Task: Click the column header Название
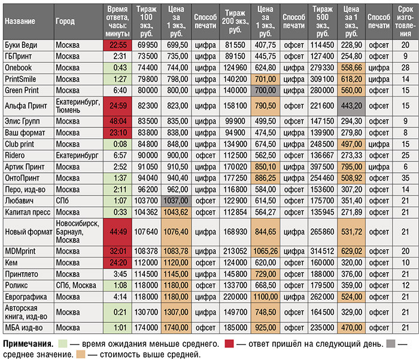19,21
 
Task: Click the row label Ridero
15,154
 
